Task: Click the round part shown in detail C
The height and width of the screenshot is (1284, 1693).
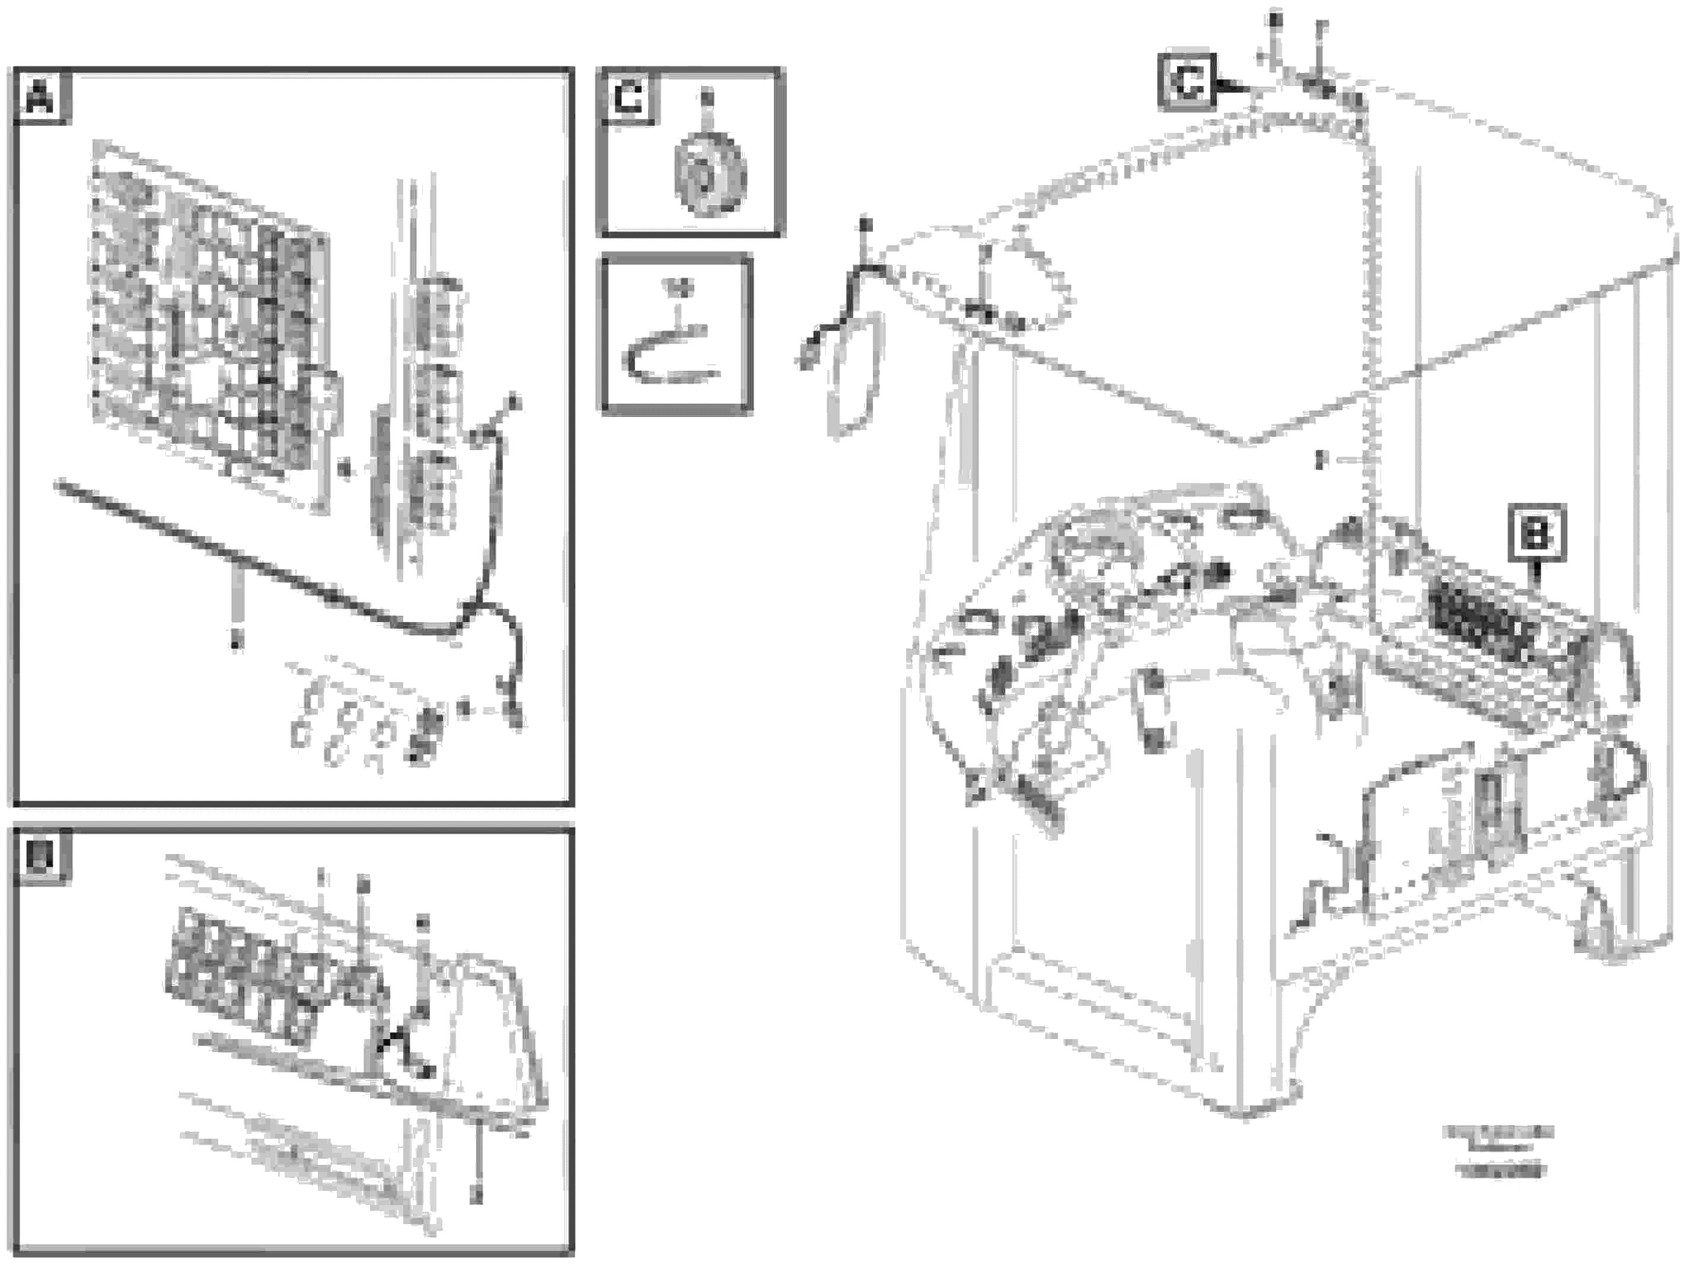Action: point(709,177)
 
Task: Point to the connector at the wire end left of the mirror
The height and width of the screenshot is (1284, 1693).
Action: point(806,358)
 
